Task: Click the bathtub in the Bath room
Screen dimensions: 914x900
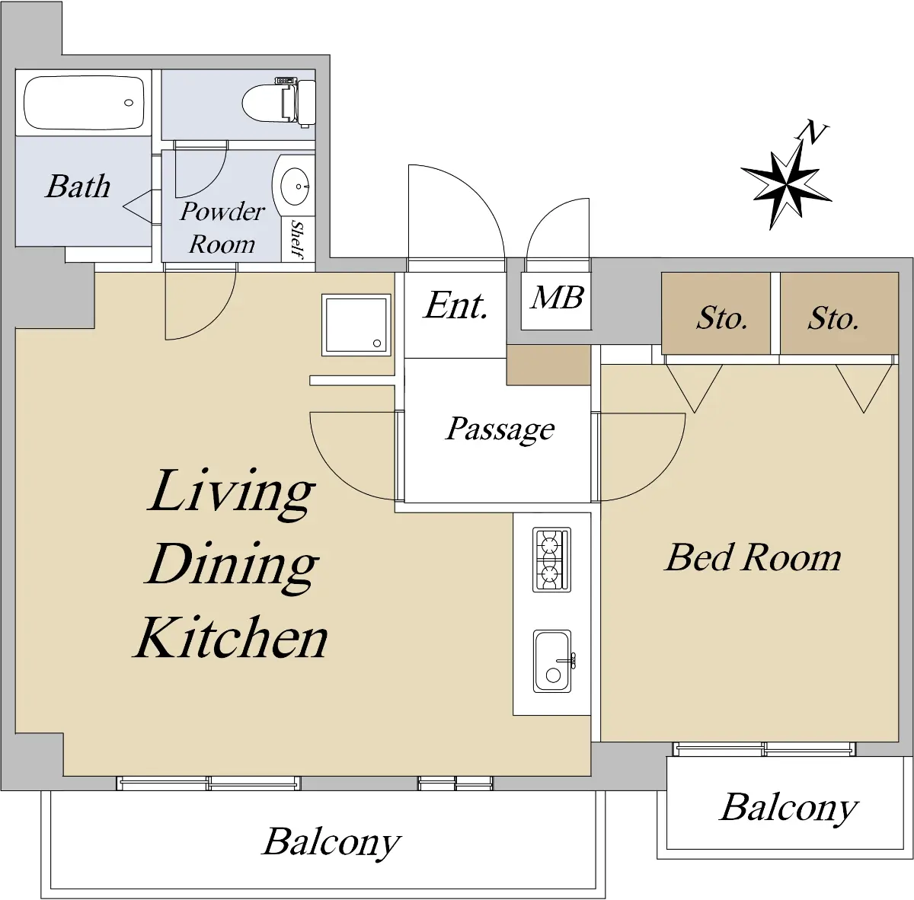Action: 84,103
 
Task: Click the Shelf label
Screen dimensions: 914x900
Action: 298,238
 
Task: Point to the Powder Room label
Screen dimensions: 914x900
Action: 222,228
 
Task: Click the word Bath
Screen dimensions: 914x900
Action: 78,186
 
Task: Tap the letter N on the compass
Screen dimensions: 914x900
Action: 812,132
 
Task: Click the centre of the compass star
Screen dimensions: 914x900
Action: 786,186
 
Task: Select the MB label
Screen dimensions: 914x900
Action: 556,298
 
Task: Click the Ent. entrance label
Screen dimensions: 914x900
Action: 455,306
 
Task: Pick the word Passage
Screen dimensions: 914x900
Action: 500,430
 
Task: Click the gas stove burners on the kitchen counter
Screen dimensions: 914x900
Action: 551,560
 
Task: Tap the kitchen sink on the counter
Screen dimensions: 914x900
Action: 552,661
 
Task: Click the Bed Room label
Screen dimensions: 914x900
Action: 753,557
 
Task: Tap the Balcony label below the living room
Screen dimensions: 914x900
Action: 331,843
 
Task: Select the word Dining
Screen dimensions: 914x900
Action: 232,566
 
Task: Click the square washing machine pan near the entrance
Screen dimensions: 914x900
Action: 356,325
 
